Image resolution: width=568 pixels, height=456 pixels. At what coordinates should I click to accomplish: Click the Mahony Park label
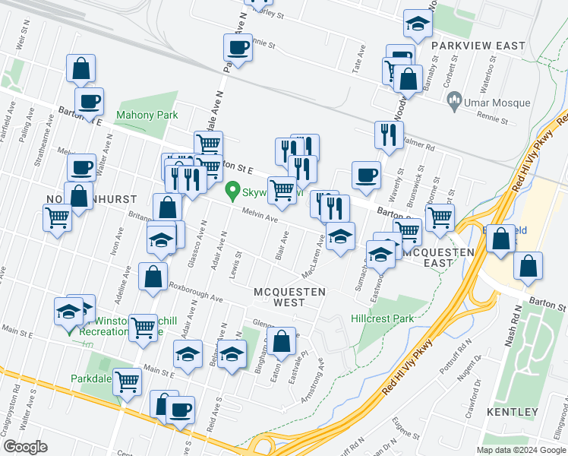147,116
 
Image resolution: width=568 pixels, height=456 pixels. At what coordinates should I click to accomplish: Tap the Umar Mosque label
489,99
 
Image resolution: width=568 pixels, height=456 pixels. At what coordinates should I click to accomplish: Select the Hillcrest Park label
383,318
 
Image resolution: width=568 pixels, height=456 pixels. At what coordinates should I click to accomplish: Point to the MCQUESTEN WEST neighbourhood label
289,296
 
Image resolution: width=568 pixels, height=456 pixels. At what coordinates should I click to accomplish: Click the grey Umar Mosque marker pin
455,99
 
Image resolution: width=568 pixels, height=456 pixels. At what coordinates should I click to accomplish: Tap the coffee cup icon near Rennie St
238,49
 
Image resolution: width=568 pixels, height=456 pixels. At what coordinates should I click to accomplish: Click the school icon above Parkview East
417,26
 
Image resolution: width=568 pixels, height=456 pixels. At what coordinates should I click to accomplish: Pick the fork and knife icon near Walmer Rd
389,135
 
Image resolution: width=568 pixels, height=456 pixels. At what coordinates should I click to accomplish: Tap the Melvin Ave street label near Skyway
260,216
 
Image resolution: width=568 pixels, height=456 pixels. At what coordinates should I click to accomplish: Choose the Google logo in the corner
25,447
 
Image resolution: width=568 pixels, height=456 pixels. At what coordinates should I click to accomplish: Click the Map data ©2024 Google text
520,450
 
